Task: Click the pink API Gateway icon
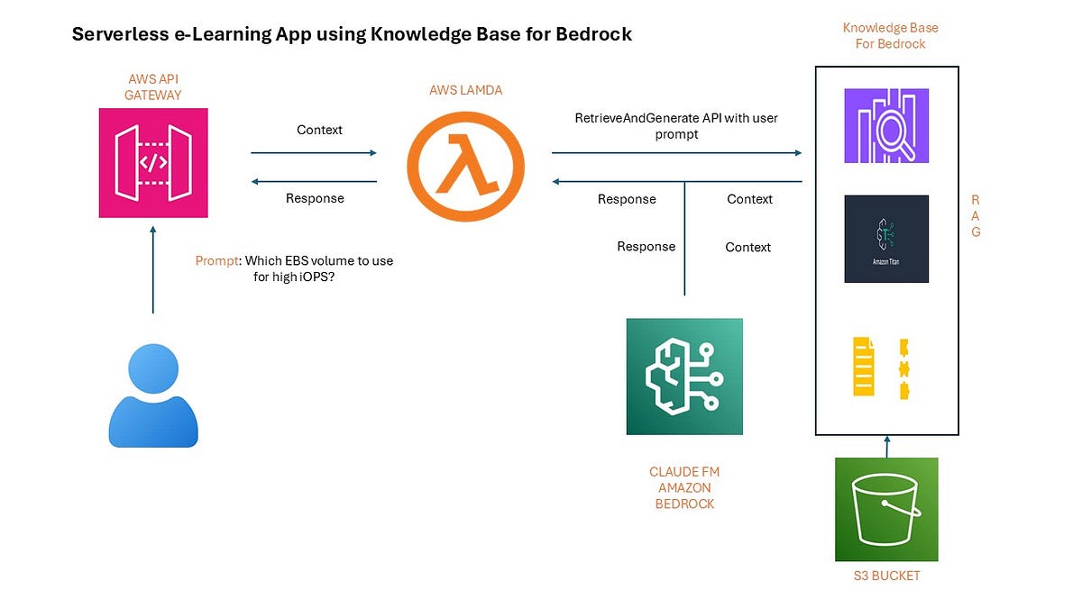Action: click(153, 163)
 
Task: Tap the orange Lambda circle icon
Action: click(464, 168)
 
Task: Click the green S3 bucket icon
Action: click(886, 509)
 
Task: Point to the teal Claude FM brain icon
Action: click(684, 377)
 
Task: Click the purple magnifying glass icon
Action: click(886, 126)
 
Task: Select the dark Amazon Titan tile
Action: click(886, 239)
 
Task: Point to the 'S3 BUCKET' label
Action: click(886, 576)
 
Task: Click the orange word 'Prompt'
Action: click(217, 261)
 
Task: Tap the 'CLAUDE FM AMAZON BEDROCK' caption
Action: click(684, 487)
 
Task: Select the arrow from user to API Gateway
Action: click(153, 270)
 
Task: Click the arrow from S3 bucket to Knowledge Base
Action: click(886, 447)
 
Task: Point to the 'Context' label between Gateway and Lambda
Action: click(319, 130)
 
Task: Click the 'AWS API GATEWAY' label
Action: click(153, 86)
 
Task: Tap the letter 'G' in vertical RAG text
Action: click(976, 231)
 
